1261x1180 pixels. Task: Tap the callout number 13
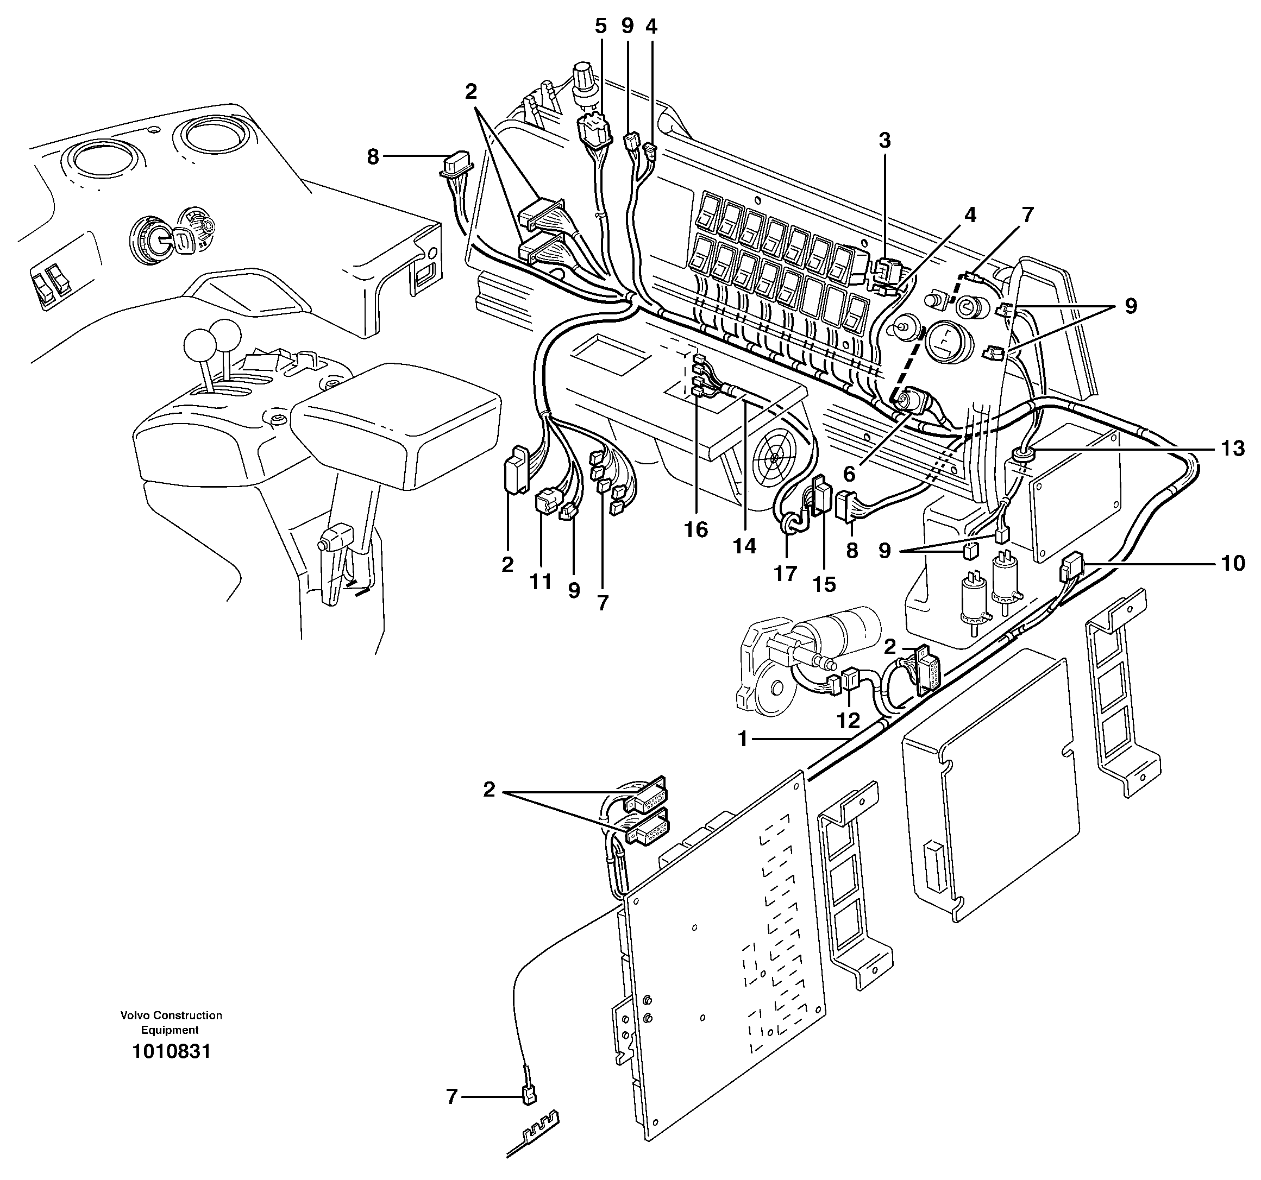(x=1233, y=450)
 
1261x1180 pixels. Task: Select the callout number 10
(x=1233, y=563)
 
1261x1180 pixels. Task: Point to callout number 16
(x=696, y=529)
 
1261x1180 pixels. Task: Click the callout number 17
(x=785, y=574)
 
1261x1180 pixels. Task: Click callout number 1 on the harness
(x=743, y=739)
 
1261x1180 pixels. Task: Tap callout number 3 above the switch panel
(x=884, y=141)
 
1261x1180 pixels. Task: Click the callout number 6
(x=849, y=473)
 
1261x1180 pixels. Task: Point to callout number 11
(x=541, y=582)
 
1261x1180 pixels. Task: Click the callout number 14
(x=745, y=545)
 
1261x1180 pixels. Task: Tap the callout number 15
(x=825, y=584)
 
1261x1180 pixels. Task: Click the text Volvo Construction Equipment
(x=171, y=1022)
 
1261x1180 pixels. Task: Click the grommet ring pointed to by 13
(x=1022, y=453)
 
